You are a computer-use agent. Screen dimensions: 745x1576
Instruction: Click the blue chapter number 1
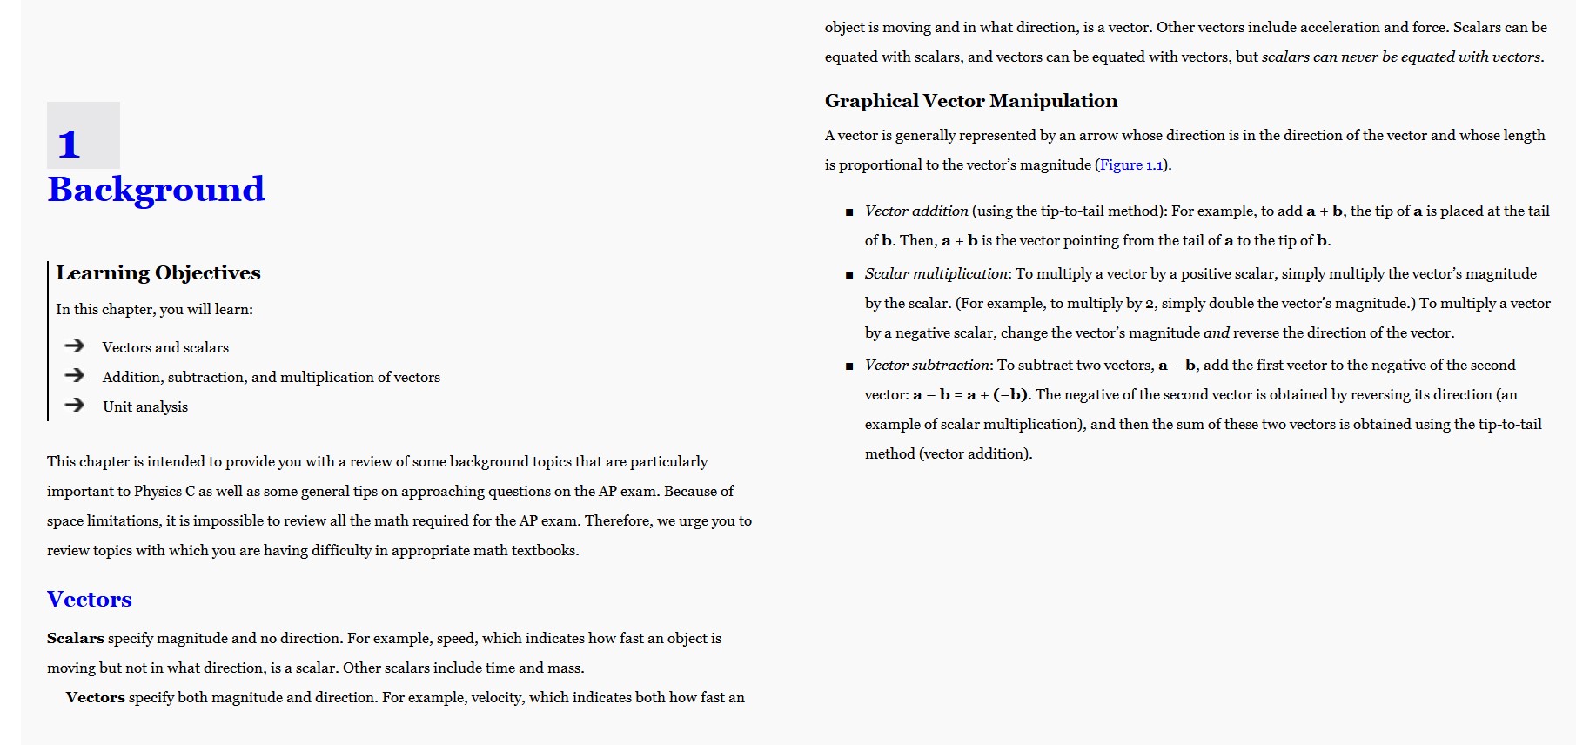click(69, 144)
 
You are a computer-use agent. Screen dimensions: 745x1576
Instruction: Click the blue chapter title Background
click(156, 190)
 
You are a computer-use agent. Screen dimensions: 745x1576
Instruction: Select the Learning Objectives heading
click(158, 273)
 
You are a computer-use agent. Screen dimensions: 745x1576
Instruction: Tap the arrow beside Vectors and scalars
click(75, 346)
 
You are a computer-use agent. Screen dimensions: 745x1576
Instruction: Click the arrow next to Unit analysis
click(75, 406)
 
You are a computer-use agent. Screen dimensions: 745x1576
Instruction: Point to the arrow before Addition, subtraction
click(75, 376)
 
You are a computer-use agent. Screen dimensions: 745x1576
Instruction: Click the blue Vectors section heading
click(90, 599)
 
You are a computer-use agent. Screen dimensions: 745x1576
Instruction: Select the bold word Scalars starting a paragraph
click(75, 638)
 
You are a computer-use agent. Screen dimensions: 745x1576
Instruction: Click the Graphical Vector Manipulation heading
click(971, 101)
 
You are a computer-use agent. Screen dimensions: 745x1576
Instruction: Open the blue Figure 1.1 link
click(1131, 165)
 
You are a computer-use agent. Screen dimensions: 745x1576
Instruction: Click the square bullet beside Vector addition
click(849, 211)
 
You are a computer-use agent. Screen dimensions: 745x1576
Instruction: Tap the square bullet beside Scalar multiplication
click(849, 274)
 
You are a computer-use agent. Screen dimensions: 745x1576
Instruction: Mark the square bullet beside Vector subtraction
click(849, 366)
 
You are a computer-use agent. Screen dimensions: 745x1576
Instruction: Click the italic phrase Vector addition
click(916, 211)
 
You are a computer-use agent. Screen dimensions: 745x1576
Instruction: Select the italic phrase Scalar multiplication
click(936, 273)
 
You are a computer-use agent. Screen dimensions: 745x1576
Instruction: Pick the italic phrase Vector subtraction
click(928, 365)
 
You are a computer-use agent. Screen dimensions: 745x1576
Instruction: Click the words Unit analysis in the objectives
click(145, 406)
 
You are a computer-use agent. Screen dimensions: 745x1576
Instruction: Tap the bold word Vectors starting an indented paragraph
click(96, 697)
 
